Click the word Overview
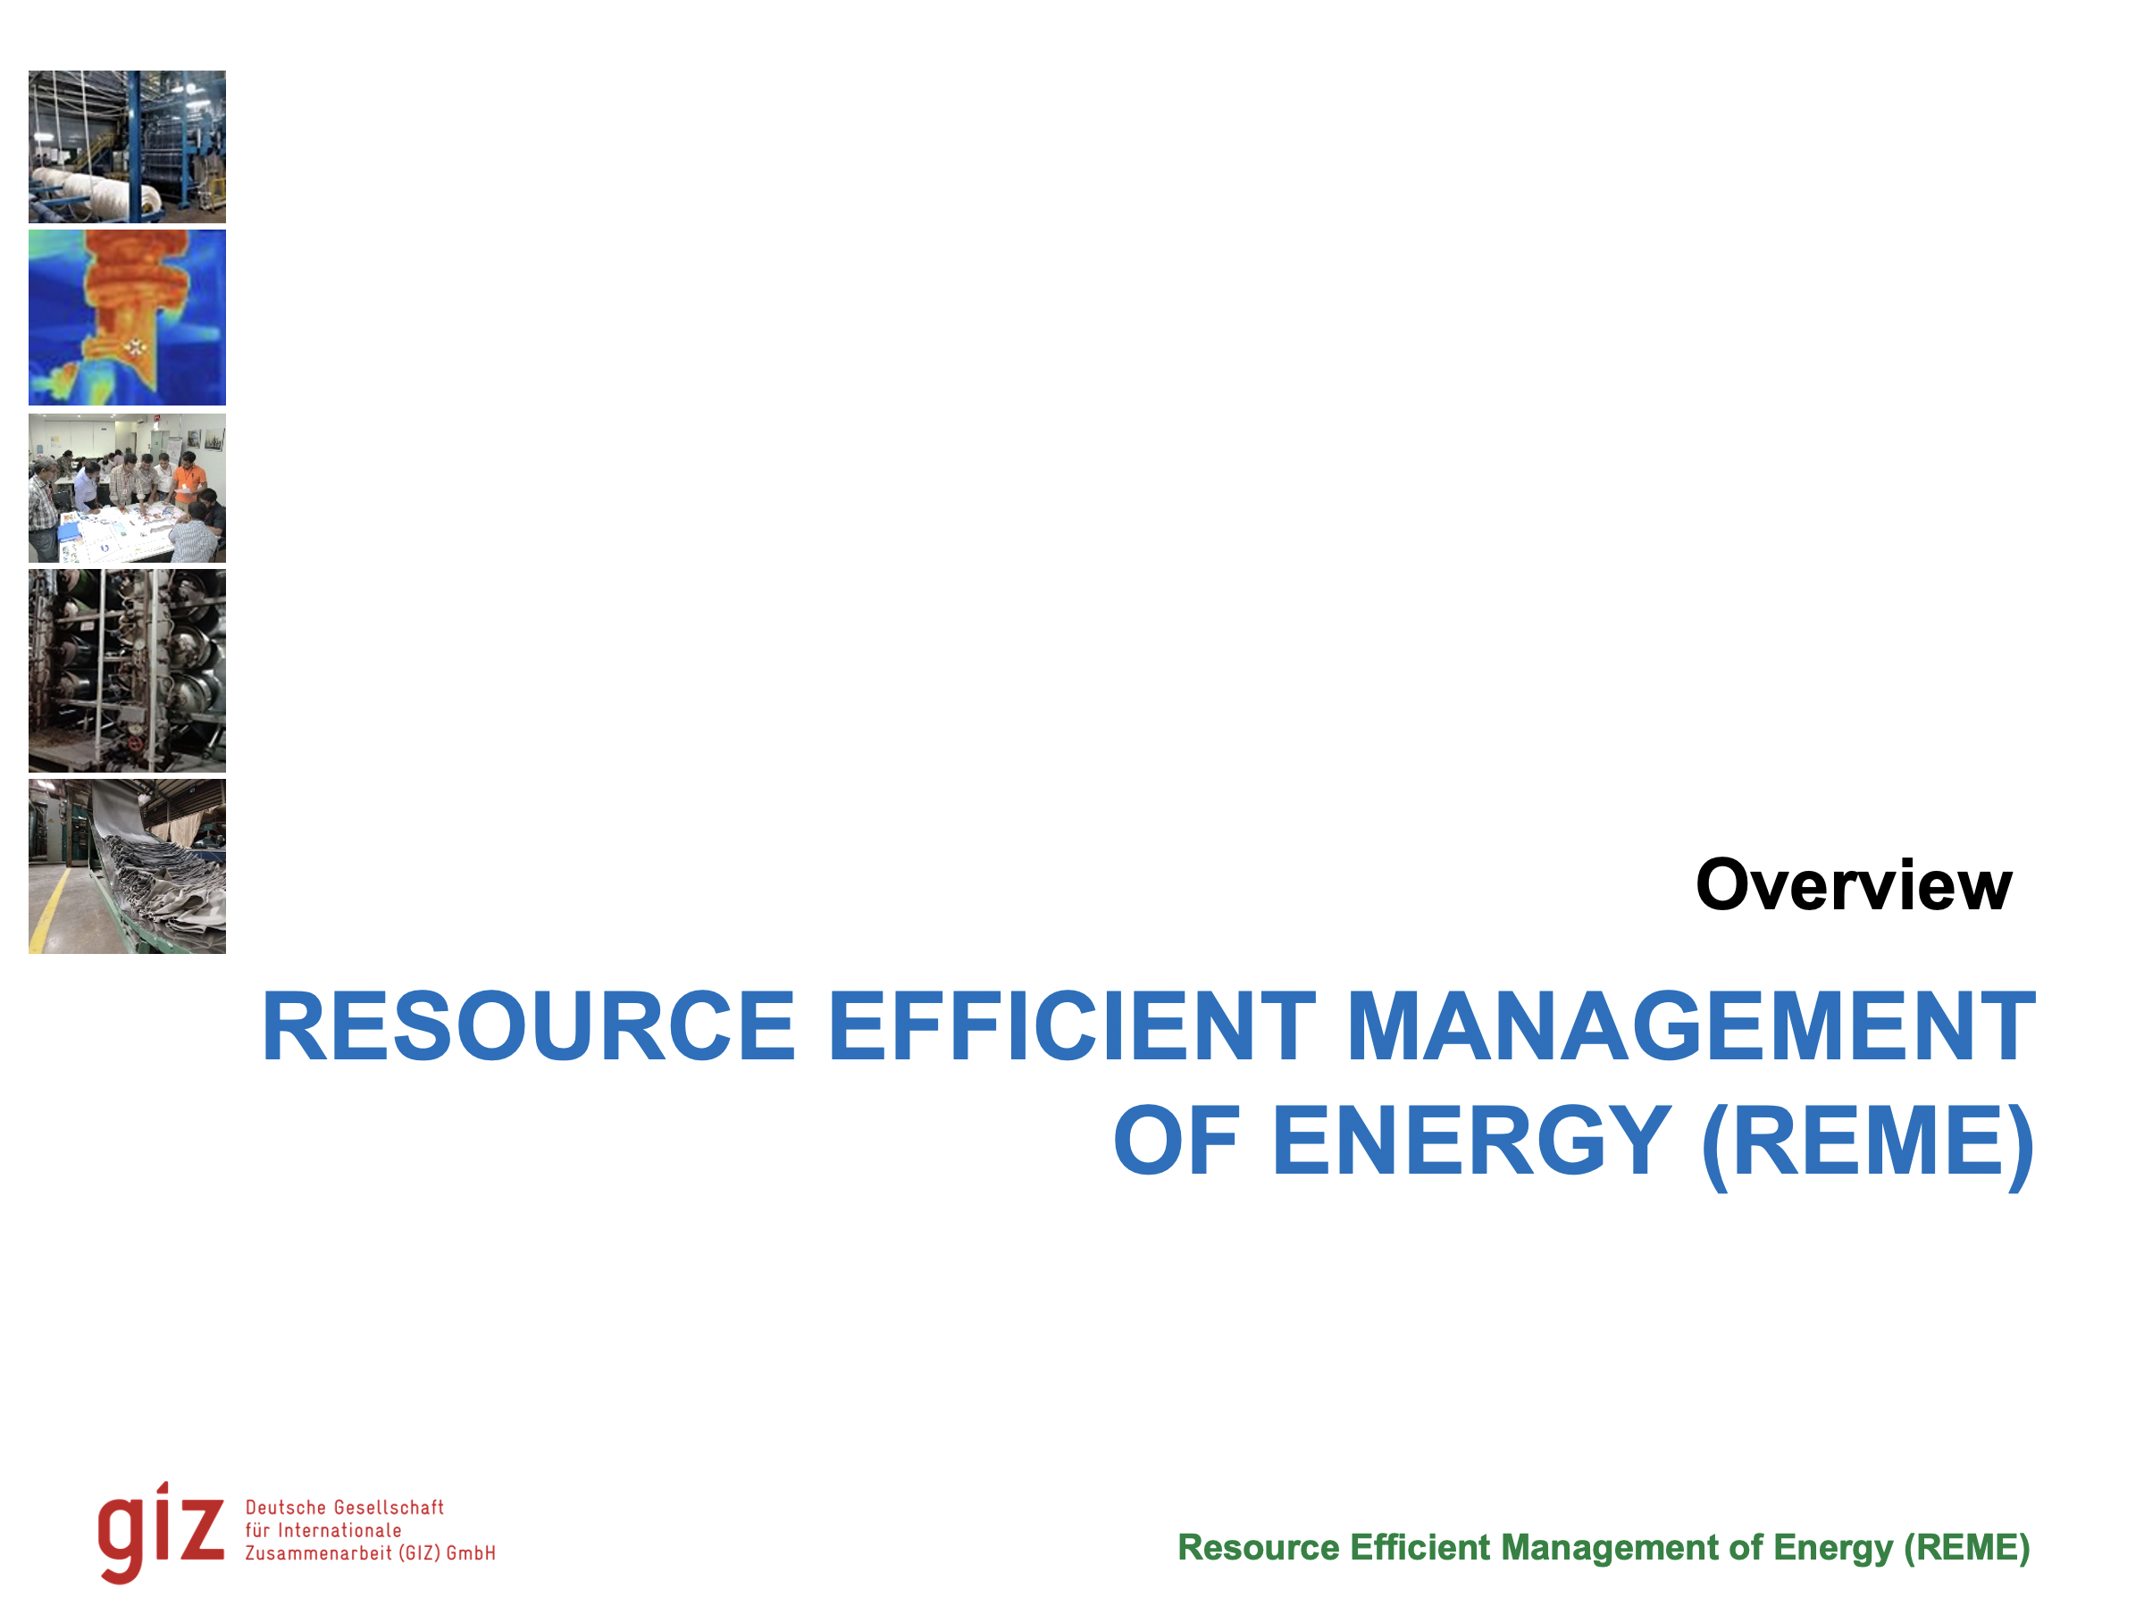[x=1855, y=886]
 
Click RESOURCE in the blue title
[x=529, y=1027]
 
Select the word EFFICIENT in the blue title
[x=1072, y=1027]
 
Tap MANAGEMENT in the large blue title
[x=1691, y=1027]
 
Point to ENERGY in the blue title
[x=1470, y=1142]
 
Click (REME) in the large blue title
[x=1868, y=1143]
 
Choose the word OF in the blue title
[x=1177, y=1142]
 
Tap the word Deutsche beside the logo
[x=286, y=1507]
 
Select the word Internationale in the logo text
[x=339, y=1530]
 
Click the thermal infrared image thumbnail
[x=127, y=317]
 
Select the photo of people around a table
[x=127, y=488]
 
